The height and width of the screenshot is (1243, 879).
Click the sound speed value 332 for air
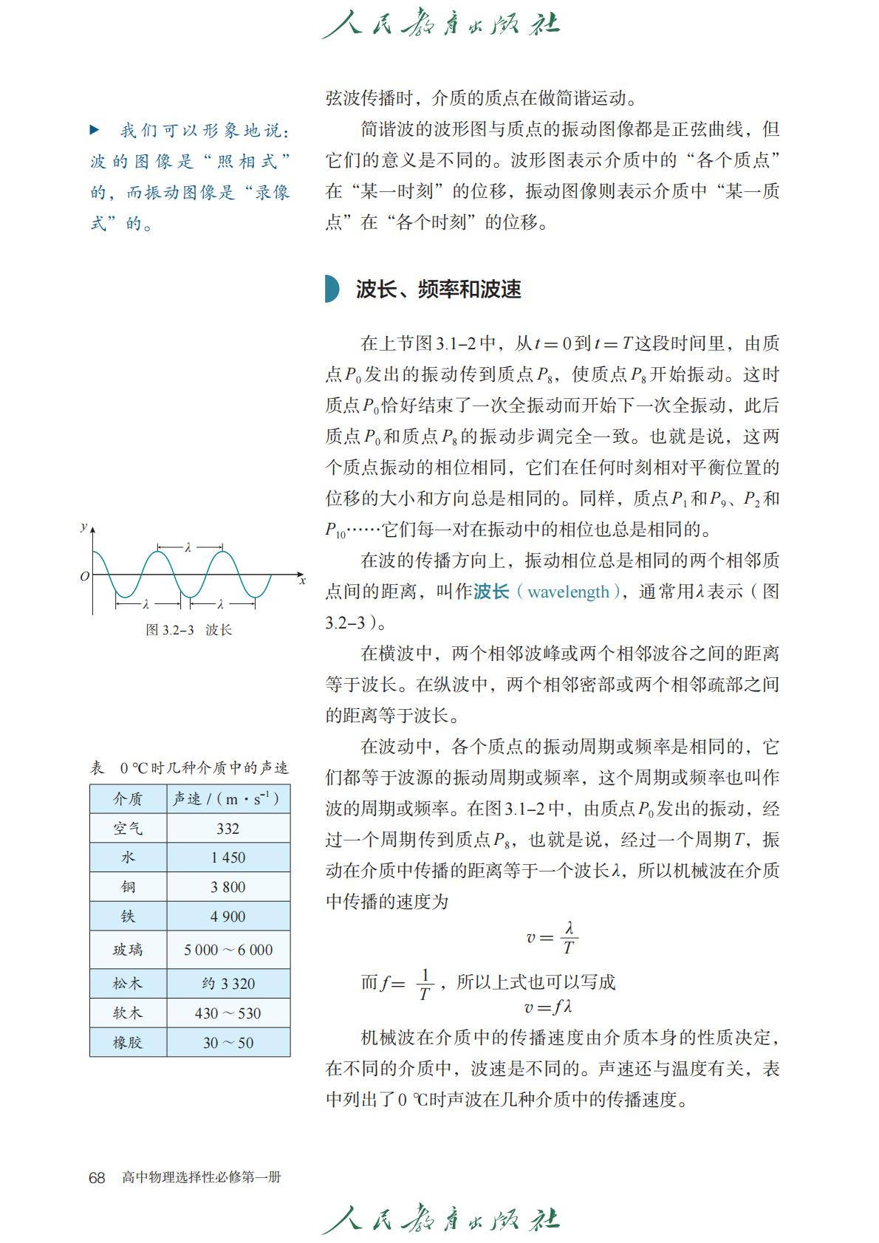[x=228, y=829]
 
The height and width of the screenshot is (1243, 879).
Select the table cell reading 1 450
[x=228, y=857]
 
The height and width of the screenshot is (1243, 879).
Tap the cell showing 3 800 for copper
[x=228, y=887]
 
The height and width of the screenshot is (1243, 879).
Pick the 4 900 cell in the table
[x=228, y=917]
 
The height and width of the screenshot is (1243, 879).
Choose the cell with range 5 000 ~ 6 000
[x=228, y=950]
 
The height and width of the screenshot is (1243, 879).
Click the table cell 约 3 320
[x=228, y=984]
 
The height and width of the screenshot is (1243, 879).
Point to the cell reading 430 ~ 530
[x=228, y=1013]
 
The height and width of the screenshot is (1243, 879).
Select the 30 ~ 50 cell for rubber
[x=228, y=1043]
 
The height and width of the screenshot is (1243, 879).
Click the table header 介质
[x=128, y=799]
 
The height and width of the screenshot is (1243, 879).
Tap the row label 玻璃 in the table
[x=128, y=950]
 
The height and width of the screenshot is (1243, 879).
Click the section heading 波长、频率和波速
[x=438, y=290]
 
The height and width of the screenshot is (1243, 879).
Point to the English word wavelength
[x=568, y=592]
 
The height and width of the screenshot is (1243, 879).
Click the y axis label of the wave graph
[x=83, y=527]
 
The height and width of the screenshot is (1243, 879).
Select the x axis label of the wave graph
[x=302, y=581]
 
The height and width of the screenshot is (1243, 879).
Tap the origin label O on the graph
[x=85, y=576]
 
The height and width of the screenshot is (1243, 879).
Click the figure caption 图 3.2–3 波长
[x=189, y=630]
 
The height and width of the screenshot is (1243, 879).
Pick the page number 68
[x=97, y=1177]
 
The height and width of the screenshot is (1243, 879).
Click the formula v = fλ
[x=548, y=1007]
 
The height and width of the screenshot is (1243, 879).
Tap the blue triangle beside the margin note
[x=95, y=131]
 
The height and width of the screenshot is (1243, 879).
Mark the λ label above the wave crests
[x=188, y=547]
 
